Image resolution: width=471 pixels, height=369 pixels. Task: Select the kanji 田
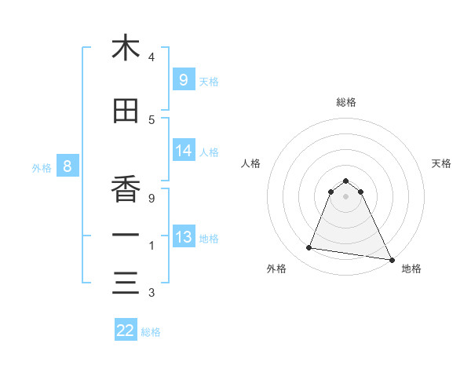pos(126,111)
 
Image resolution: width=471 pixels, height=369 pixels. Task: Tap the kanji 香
pos(126,188)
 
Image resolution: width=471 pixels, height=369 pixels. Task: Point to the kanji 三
pos(126,283)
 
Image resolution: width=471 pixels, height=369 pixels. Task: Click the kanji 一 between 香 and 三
pos(126,236)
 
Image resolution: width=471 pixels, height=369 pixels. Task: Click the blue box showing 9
pos(183,79)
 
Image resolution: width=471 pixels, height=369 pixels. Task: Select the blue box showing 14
pos(183,151)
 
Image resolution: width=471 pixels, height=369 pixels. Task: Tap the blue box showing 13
pos(183,237)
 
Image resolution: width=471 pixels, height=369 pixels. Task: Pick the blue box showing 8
pos(68,166)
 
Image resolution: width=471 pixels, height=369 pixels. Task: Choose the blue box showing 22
pos(126,331)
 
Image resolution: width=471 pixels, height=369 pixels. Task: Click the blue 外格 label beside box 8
pos(41,167)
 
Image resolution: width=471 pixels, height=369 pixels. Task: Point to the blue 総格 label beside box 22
pos(151,332)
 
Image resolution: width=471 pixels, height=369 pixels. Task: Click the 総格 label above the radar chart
pos(345,102)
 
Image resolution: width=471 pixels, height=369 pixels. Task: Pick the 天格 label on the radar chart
pos(441,163)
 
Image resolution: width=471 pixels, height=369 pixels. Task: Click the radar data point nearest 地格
pos(391,259)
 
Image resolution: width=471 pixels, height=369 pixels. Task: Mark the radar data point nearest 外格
pos(309,248)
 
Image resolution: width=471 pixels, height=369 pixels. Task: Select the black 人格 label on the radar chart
pos(250,163)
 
